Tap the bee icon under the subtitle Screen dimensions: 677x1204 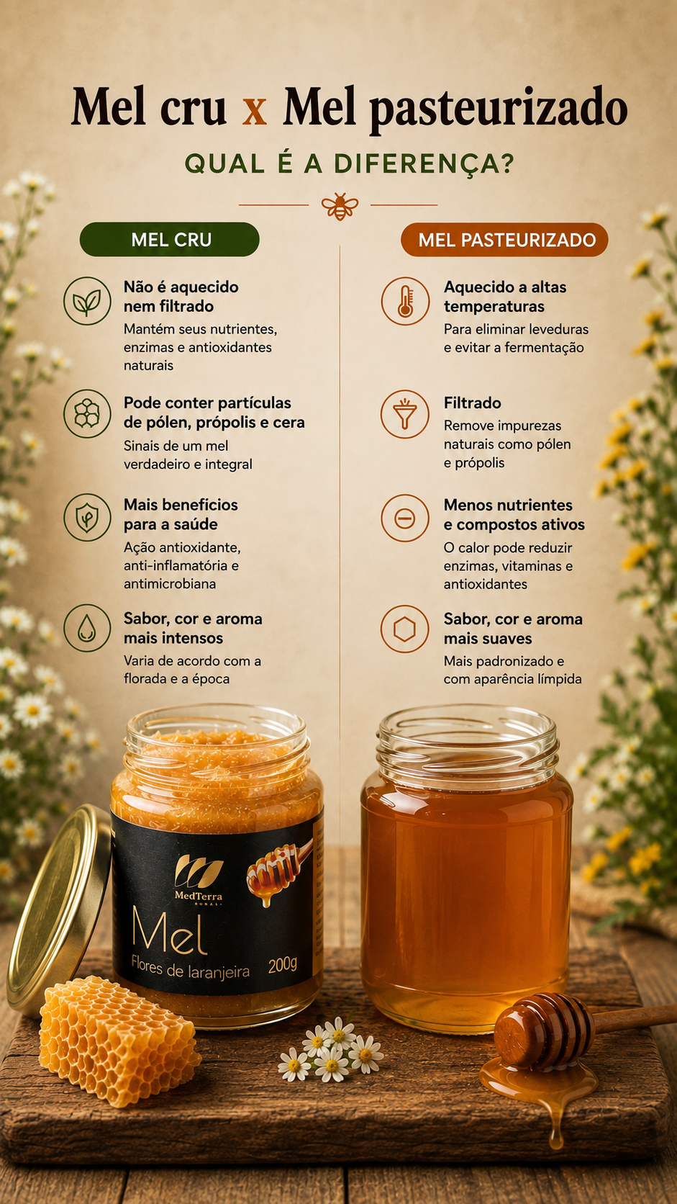click(x=340, y=206)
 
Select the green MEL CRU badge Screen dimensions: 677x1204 click(x=170, y=239)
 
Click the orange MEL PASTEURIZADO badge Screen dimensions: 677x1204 click(x=504, y=240)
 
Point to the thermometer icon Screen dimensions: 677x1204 click(x=405, y=301)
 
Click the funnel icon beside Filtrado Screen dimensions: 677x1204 click(x=405, y=414)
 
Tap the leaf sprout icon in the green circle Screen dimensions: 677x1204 click(x=87, y=301)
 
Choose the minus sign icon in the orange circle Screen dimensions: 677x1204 click(x=405, y=518)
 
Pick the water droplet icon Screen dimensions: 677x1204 click(x=87, y=628)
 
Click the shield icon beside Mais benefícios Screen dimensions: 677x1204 click(x=87, y=517)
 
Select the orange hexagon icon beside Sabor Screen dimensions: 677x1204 click(x=405, y=629)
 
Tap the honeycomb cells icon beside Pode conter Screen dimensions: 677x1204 click(x=87, y=413)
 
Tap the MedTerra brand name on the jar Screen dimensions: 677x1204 click(x=198, y=896)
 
